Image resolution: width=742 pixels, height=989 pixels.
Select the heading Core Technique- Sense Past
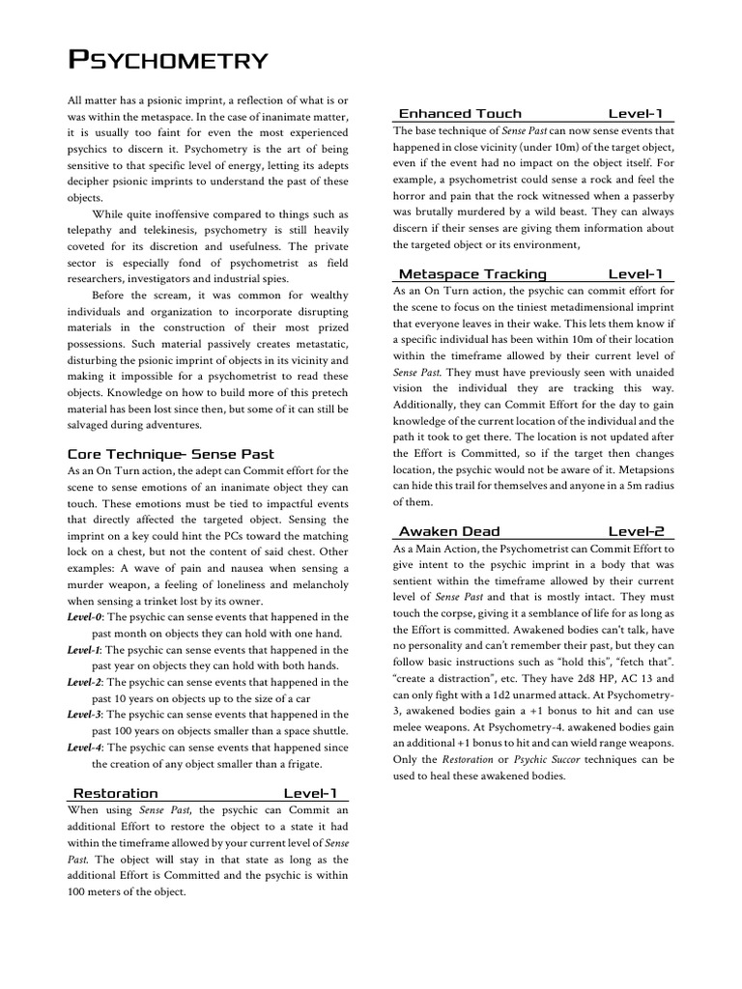tap(170, 453)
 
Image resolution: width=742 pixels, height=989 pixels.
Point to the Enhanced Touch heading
tap(460, 113)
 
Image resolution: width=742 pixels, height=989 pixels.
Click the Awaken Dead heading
tap(449, 531)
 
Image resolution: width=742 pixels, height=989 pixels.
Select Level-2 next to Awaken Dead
tap(635, 531)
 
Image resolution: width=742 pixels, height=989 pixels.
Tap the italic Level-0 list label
tap(85, 616)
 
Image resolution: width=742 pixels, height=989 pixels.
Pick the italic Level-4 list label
tap(85, 748)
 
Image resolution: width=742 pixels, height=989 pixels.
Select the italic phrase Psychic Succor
tap(549, 760)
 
